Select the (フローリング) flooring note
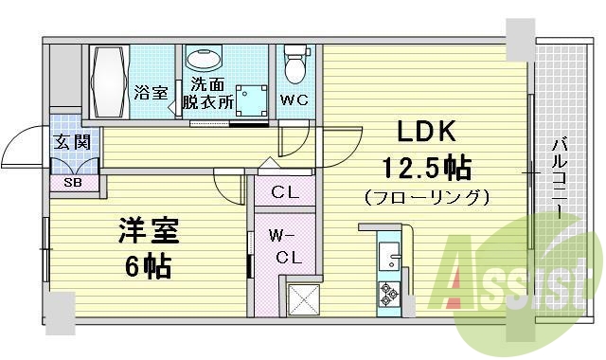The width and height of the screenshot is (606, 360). tap(427, 198)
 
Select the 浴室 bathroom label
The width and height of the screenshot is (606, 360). tap(151, 93)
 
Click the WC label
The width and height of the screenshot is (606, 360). tap(294, 97)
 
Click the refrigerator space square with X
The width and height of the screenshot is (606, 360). tap(304, 298)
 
